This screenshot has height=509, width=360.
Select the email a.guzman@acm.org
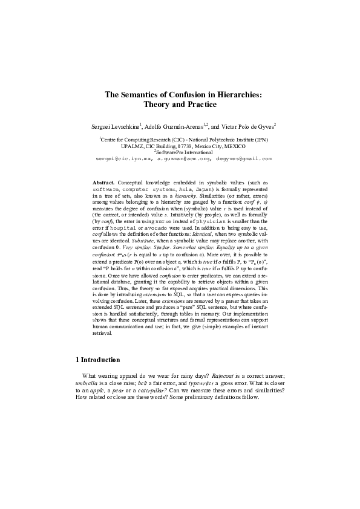(x=186, y=158)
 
